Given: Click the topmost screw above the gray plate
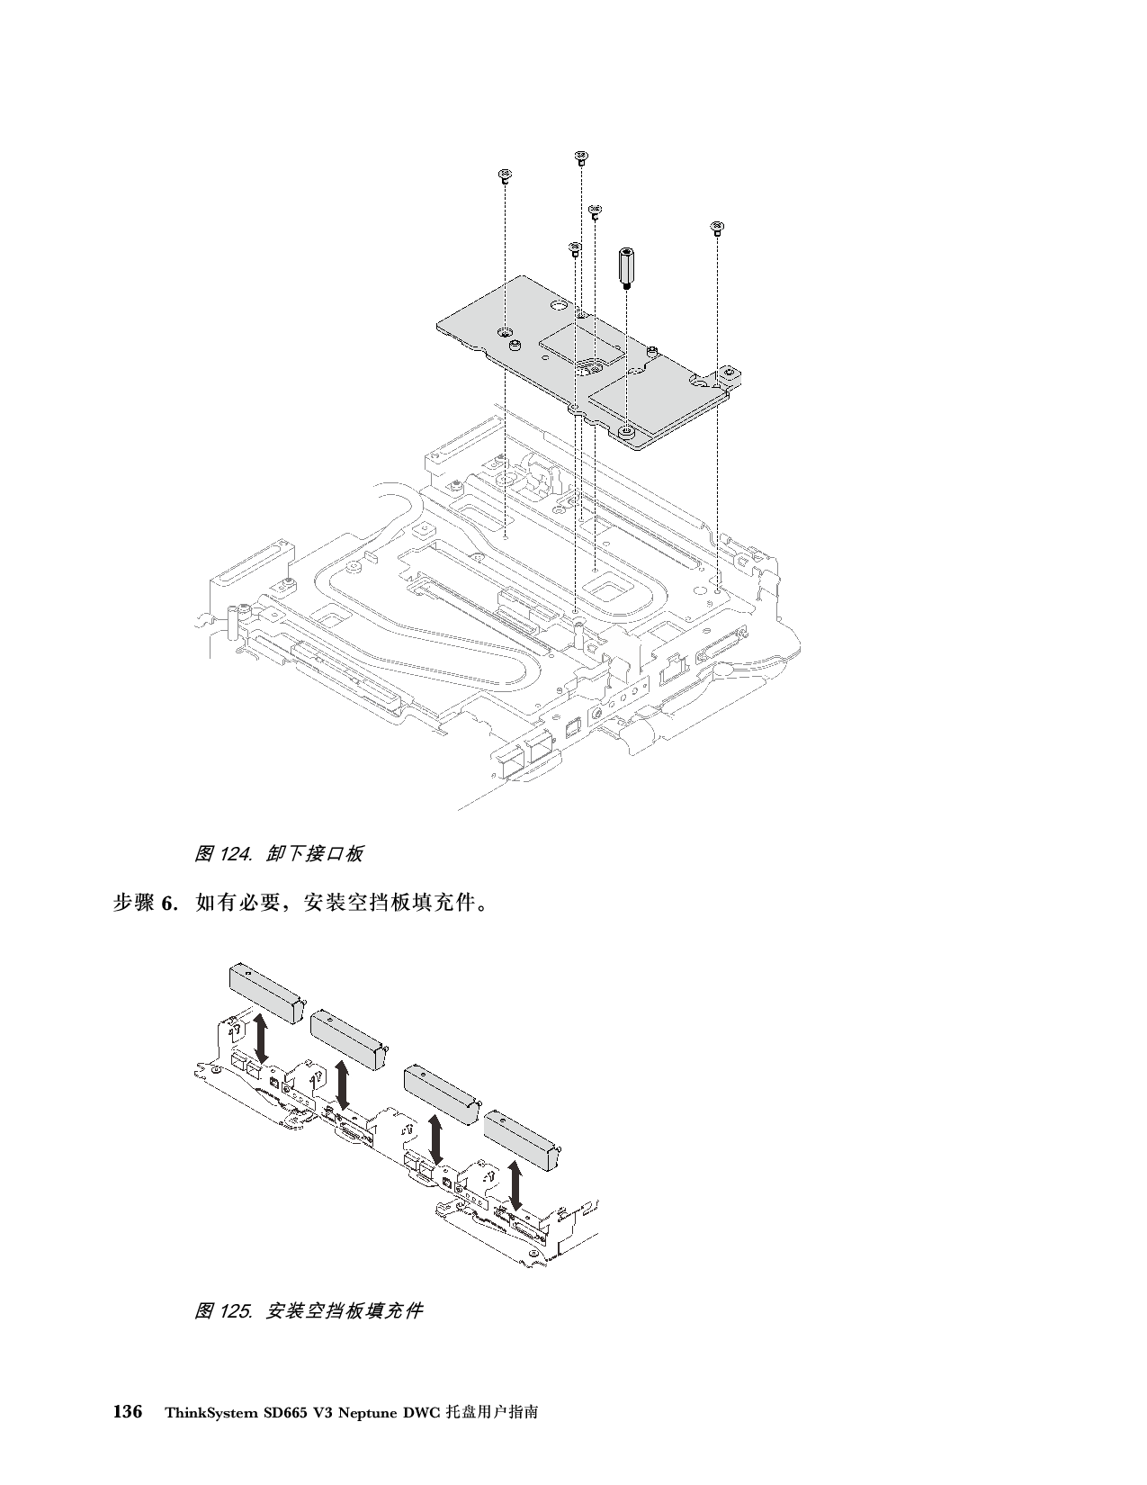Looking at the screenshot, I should click(x=581, y=158).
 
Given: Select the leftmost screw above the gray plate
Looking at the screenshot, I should click(x=505, y=175).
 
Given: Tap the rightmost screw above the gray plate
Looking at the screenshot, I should click(x=717, y=227).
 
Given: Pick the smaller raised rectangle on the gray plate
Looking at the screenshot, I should click(x=580, y=343).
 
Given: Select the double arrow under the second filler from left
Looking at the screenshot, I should click(x=343, y=1086).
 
